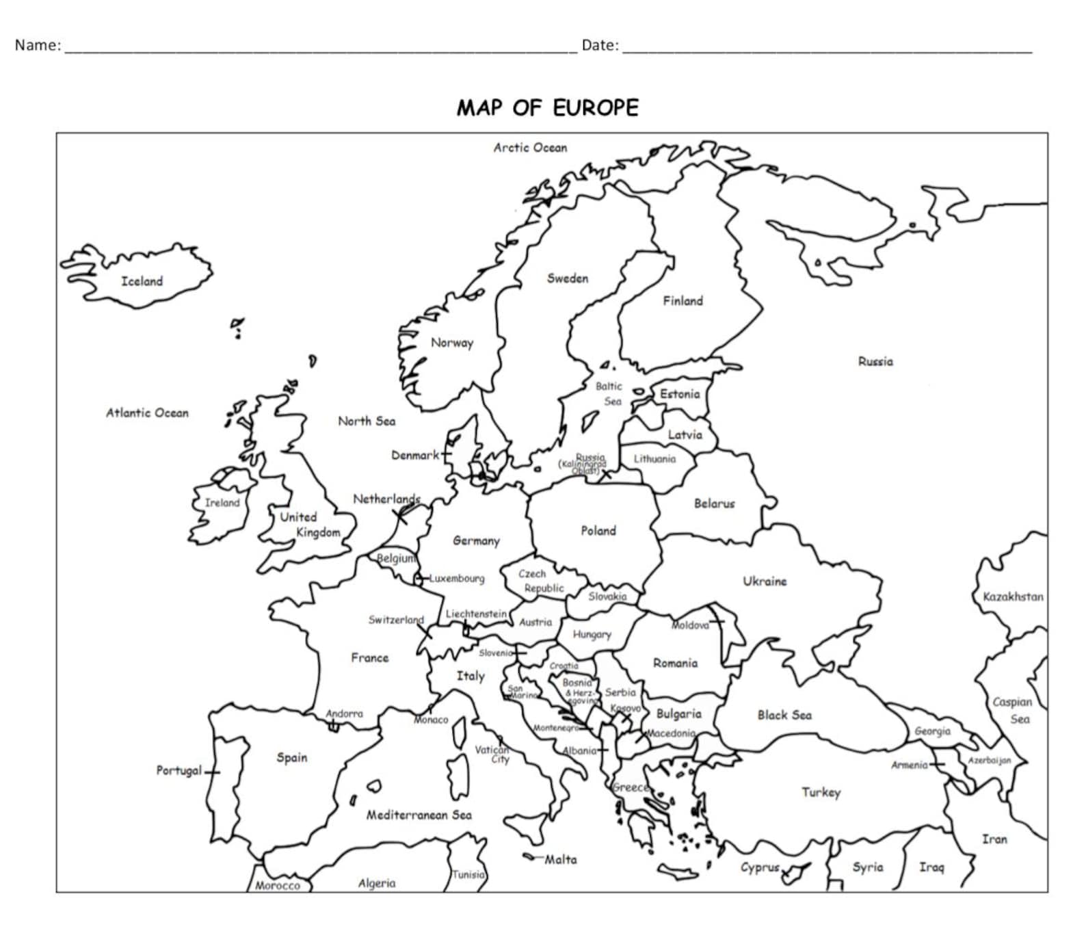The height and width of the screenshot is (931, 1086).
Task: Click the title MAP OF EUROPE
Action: tap(547, 108)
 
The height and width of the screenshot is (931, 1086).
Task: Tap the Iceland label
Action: tap(142, 281)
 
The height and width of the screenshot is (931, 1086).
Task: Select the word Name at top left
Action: tap(37, 45)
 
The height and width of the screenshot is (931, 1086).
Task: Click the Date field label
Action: tap(599, 45)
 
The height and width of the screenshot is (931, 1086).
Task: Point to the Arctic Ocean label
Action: tap(530, 148)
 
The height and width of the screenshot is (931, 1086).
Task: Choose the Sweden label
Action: tap(567, 278)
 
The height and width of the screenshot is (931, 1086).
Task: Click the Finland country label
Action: tap(683, 301)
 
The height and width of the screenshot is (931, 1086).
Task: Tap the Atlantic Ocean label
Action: tap(147, 413)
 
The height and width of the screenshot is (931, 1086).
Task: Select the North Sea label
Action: tap(367, 421)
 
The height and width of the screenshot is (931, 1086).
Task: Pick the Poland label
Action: tap(598, 531)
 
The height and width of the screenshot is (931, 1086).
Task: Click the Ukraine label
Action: tap(765, 581)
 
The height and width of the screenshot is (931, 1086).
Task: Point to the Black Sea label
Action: tap(784, 716)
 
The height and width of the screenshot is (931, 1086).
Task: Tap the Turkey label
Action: tap(821, 793)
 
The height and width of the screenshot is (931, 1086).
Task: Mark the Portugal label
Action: tap(179, 771)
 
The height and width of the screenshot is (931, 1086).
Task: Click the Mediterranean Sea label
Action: tap(419, 815)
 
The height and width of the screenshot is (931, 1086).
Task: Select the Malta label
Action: tap(560, 860)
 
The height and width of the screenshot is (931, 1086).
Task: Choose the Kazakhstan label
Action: tap(1013, 597)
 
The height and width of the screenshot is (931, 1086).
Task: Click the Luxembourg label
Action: tap(456, 579)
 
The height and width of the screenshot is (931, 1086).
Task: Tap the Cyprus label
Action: tap(760, 867)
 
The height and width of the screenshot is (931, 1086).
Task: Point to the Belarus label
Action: tap(714, 504)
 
